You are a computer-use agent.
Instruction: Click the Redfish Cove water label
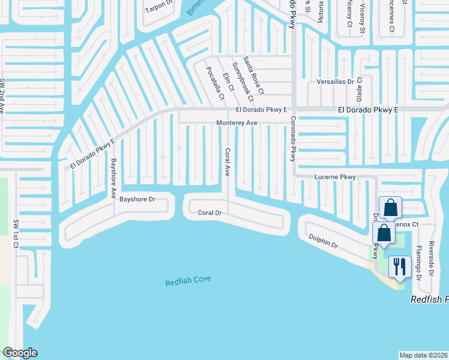click(188, 282)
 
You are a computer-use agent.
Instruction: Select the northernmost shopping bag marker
click(390, 208)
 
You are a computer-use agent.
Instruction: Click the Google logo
click(20, 353)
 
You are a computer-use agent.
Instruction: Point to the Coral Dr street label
click(210, 212)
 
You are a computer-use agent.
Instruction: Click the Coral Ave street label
click(228, 162)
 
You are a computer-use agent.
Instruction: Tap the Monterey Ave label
click(237, 123)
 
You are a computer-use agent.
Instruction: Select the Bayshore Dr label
click(137, 199)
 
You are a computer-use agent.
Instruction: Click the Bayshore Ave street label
click(113, 178)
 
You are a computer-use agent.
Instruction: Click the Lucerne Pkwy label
click(336, 178)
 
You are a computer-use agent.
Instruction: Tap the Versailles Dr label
click(335, 82)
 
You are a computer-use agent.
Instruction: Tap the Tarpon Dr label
click(158, 10)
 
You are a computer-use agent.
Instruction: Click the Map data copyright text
click(423, 355)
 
